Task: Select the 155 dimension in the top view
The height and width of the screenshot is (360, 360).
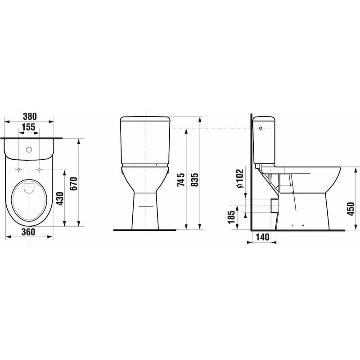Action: tap(29, 127)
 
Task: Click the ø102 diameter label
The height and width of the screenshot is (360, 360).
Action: tap(239, 178)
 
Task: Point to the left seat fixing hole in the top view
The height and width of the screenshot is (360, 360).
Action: tap(18, 170)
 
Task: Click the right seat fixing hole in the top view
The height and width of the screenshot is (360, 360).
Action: tap(40, 170)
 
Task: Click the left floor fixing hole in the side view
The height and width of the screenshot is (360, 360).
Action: tap(293, 225)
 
